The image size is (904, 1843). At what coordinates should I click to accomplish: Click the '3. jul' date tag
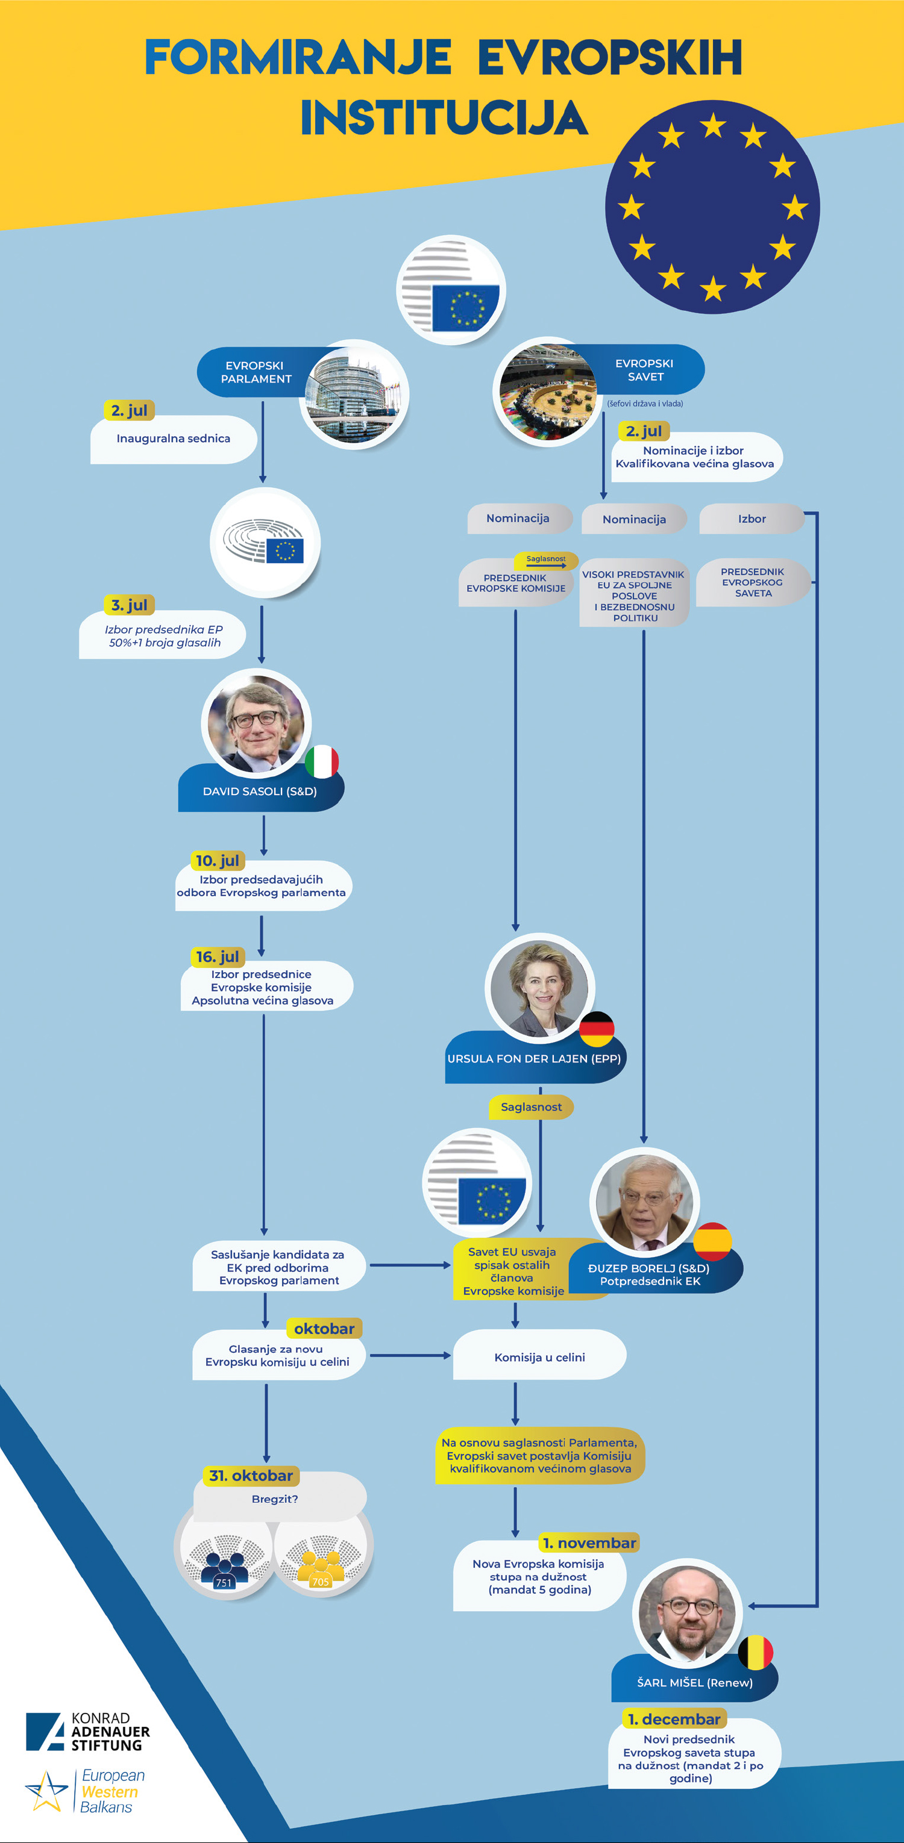pyautogui.click(x=130, y=605)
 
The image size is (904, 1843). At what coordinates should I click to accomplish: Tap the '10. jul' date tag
pyautogui.click(x=218, y=860)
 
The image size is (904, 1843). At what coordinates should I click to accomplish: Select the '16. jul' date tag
pyautogui.click(x=218, y=956)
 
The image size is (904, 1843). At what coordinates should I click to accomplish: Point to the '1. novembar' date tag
pyautogui.click(x=590, y=1542)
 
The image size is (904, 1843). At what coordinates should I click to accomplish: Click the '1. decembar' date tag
pyautogui.click(x=674, y=1718)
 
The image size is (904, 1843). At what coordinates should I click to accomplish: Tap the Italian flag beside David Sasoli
pyautogui.click(x=322, y=761)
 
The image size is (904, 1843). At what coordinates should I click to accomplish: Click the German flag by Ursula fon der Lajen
pyautogui.click(x=596, y=1029)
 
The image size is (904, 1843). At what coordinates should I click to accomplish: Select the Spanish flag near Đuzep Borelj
pyautogui.click(x=713, y=1241)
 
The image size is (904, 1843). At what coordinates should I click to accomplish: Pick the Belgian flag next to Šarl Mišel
pyautogui.click(x=755, y=1653)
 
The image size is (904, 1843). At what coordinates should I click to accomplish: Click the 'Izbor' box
pyautogui.click(x=752, y=519)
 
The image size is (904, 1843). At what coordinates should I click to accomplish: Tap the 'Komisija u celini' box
pyautogui.click(x=539, y=1356)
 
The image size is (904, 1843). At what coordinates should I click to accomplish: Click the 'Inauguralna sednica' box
pyautogui.click(x=173, y=438)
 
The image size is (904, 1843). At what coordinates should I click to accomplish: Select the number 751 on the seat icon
pyautogui.click(x=224, y=1583)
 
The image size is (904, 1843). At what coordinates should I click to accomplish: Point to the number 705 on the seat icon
pyautogui.click(x=321, y=1582)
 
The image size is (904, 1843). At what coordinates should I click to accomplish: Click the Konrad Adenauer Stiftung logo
pyautogui.click(x=88, y=1732)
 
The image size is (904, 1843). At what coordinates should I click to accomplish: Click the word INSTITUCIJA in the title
pyautogui.click(x=445, y=118)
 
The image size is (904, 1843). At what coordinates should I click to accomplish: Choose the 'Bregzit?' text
pyautogui.click(x=275, y=1499)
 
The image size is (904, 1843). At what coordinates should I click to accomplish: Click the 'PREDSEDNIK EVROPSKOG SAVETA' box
pyautogui.click(x=752, y=582)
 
